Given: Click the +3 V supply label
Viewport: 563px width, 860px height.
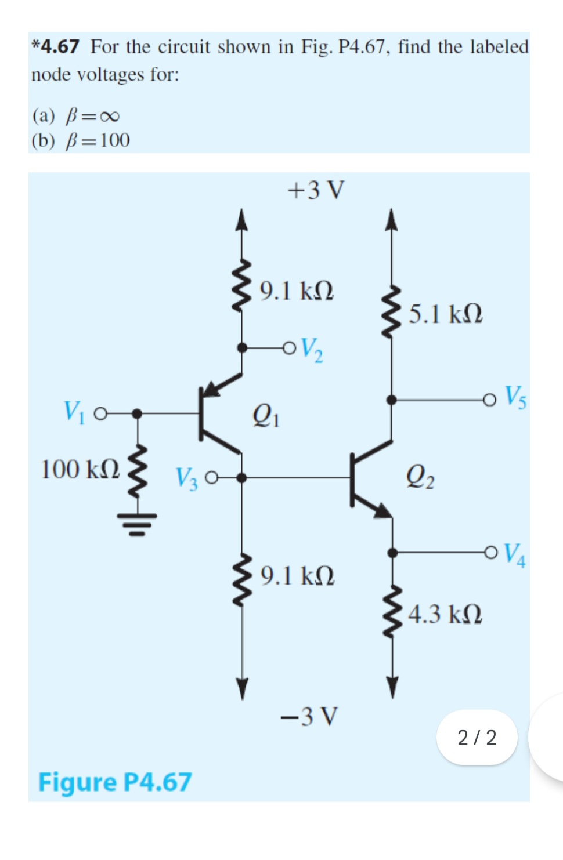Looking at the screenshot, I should click(x=316, y=190).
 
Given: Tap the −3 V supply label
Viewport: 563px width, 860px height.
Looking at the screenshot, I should click(x=308, y=717).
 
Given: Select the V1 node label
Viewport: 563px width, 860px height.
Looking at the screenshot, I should click(x=74, y=412).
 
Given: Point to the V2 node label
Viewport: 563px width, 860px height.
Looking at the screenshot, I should click(x=312, y=349).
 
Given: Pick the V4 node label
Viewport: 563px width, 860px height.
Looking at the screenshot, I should click(x=515, y=554).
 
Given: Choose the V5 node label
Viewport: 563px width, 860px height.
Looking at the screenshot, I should click(x=515, y=397).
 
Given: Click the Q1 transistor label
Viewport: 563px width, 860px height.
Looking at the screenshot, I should click(x=266, y=415).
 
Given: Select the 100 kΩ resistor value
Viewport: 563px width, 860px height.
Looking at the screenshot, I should click(x=81, y=469).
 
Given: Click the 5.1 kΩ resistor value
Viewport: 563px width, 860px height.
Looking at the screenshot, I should click(x=445, y=314).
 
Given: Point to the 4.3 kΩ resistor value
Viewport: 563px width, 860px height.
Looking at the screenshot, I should click(x=445, y=614).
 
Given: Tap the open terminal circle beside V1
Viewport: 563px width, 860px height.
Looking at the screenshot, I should click(x=100, y=414).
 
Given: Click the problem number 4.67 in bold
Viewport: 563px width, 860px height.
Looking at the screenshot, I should click(x=59, y=46).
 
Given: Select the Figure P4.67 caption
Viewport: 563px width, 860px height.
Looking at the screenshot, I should click(x=114, y=782).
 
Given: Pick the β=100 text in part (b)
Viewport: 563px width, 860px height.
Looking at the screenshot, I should click(x=98, y=140).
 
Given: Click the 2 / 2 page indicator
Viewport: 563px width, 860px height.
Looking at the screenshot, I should click(x=477, y=737).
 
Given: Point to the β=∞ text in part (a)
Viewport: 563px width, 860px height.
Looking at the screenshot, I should click(x=93, y=116).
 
